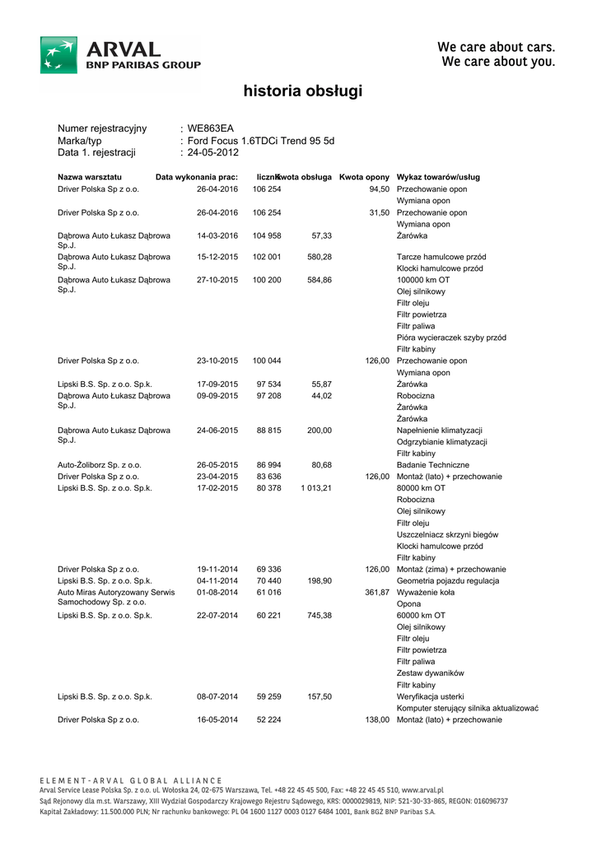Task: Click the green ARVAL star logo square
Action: coord(59,55)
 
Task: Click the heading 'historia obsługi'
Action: coord(303,91)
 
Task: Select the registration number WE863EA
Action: coord(211,128)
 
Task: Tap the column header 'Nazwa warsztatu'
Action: coord(90,177)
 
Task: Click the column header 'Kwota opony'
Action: coord(364,177)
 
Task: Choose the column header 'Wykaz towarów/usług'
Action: coord(438,177)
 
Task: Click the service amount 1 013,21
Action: coord(316,488)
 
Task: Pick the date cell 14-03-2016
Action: coord(217,235)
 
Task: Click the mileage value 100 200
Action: coord(267,280)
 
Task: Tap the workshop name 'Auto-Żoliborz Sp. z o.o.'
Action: coord(100,465)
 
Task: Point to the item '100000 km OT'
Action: coord(423,280)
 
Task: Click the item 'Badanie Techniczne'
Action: coord(433,465)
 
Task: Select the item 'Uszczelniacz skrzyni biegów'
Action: coord(447,534)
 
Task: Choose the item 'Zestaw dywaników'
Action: coord(431,673)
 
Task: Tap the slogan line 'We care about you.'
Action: coord(498,62)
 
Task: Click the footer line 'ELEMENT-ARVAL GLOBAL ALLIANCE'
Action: coord(131,780)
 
